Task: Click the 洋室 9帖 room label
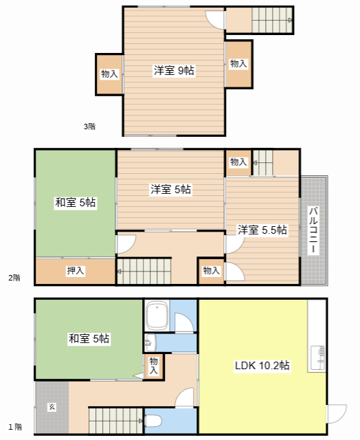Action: pyautogui.click(x=174, y=70)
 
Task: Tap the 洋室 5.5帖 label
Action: pyautogui.click(x=262, y=230)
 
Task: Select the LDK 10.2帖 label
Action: pyautogui.click(x=262, y=365)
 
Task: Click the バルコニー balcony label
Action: pyautogui.click(x=313, y=230)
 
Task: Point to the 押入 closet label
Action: pyautogui.click(x=76, y=270)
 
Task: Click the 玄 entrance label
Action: pyautogui.click(x=52, y=406)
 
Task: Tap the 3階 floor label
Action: pyautogui.click(x=89, y=126)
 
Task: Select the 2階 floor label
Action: pyautogui.click(x=14, y=278)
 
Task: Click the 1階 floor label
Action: pyautogui.click(x=15, y=427)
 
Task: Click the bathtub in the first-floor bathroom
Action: pyautogui.click(x=157, y=316)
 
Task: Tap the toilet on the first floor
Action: pyautogui.click(x=153, y=421)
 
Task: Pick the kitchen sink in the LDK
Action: pyautogui.click(x=318, y=358)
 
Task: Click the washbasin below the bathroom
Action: pyautogui.click(x=150, y=342)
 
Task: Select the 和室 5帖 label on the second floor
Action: pyautogui.click(x=76, y=202)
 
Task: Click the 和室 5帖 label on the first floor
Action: pyautogui.click(x=89, y=338)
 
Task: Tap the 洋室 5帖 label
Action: pyautogui.click(x=171, y=190)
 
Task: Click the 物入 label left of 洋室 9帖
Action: pyautogui.click(x=109, y=74)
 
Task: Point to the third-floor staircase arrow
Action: pyautogui.click(x=290, y=20)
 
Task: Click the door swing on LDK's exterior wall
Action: pyautogui.click(x=337, y=414)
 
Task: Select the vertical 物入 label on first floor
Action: pyautogui.click(x=153, y=366)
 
